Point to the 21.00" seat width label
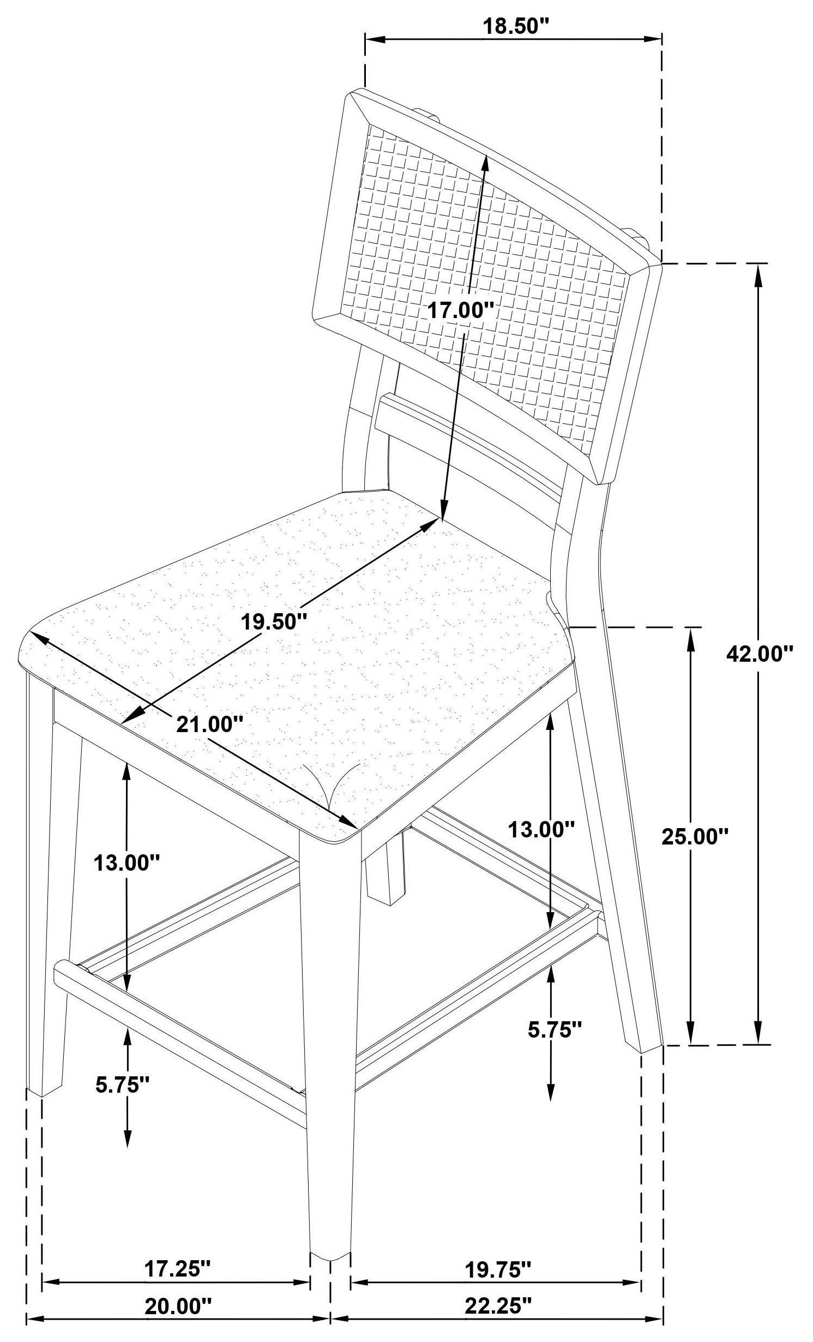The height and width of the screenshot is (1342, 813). click(209, 724)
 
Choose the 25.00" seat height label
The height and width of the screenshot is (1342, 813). click(695, 836)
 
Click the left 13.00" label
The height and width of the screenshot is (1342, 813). click(127, 863)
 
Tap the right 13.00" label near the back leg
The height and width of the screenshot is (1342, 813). click(541, 830)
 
